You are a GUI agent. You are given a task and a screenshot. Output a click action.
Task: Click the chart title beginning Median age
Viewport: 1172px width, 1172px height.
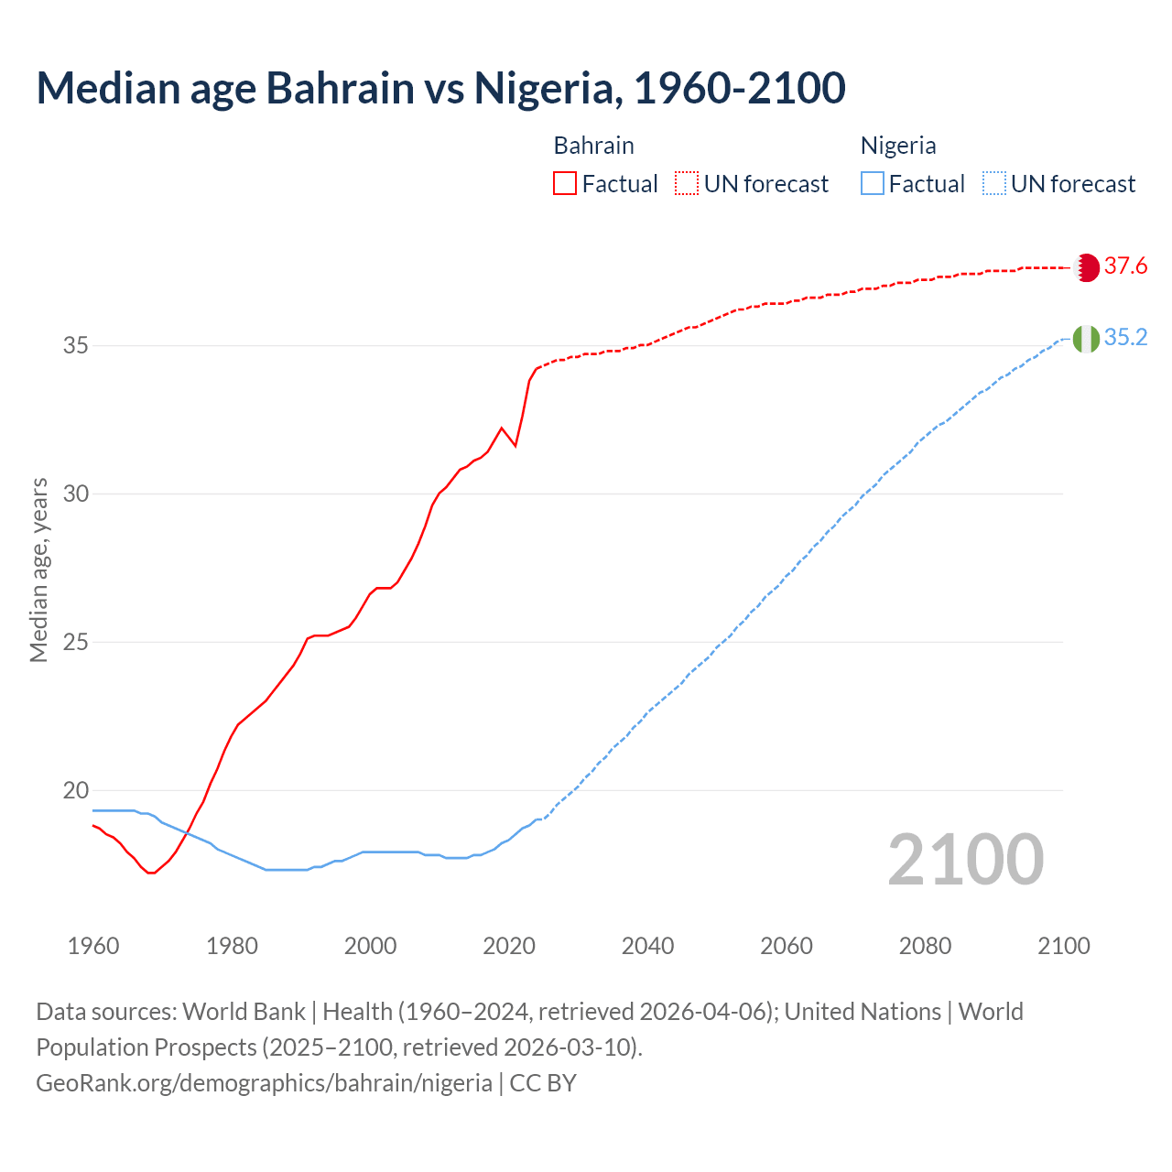coord(440,88)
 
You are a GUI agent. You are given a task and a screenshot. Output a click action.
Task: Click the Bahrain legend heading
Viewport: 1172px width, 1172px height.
coord(593,146)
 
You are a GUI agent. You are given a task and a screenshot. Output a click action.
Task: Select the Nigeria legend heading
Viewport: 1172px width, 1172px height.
coord(897,146)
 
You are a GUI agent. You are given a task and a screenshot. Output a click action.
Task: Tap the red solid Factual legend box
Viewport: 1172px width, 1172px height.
coord(565,183)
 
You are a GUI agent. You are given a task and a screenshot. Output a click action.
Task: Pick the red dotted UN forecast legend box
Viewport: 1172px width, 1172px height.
coord(687,183)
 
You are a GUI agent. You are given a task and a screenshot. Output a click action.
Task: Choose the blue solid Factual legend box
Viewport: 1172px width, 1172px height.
coord(873,183)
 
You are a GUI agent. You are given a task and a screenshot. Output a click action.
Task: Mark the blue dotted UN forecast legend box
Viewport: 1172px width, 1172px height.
coord(994,183)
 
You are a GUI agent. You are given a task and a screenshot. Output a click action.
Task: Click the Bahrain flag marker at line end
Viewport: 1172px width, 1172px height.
coord(1086,267)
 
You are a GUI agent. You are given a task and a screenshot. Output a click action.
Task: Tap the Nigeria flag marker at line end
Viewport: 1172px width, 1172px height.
coord(1086,339)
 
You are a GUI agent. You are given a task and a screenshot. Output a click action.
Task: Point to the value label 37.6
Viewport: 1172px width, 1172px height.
coord(1125,266)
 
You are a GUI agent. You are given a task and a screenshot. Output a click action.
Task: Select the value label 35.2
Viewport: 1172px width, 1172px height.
coord(1125,338)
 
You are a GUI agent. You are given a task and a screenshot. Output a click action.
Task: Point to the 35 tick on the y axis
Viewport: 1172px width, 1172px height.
coord(76,346)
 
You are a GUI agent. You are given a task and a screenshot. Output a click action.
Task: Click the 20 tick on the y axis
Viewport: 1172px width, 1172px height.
coord(76,790)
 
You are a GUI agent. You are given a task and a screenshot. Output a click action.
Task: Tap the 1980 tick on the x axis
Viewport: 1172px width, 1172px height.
coord(232,946)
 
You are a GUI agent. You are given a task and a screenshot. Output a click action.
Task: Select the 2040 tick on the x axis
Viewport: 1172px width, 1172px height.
coord(647,946)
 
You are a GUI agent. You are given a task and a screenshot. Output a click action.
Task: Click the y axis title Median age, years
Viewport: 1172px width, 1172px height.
coord(38,570)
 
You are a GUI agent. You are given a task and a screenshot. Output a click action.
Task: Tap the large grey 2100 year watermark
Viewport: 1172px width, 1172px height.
coord(965,859)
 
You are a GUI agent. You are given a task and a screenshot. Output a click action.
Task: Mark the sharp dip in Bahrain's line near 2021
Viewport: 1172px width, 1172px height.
coord(515,445)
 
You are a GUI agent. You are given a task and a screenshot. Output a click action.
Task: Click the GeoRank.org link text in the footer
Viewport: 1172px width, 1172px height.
coord(264,1083)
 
